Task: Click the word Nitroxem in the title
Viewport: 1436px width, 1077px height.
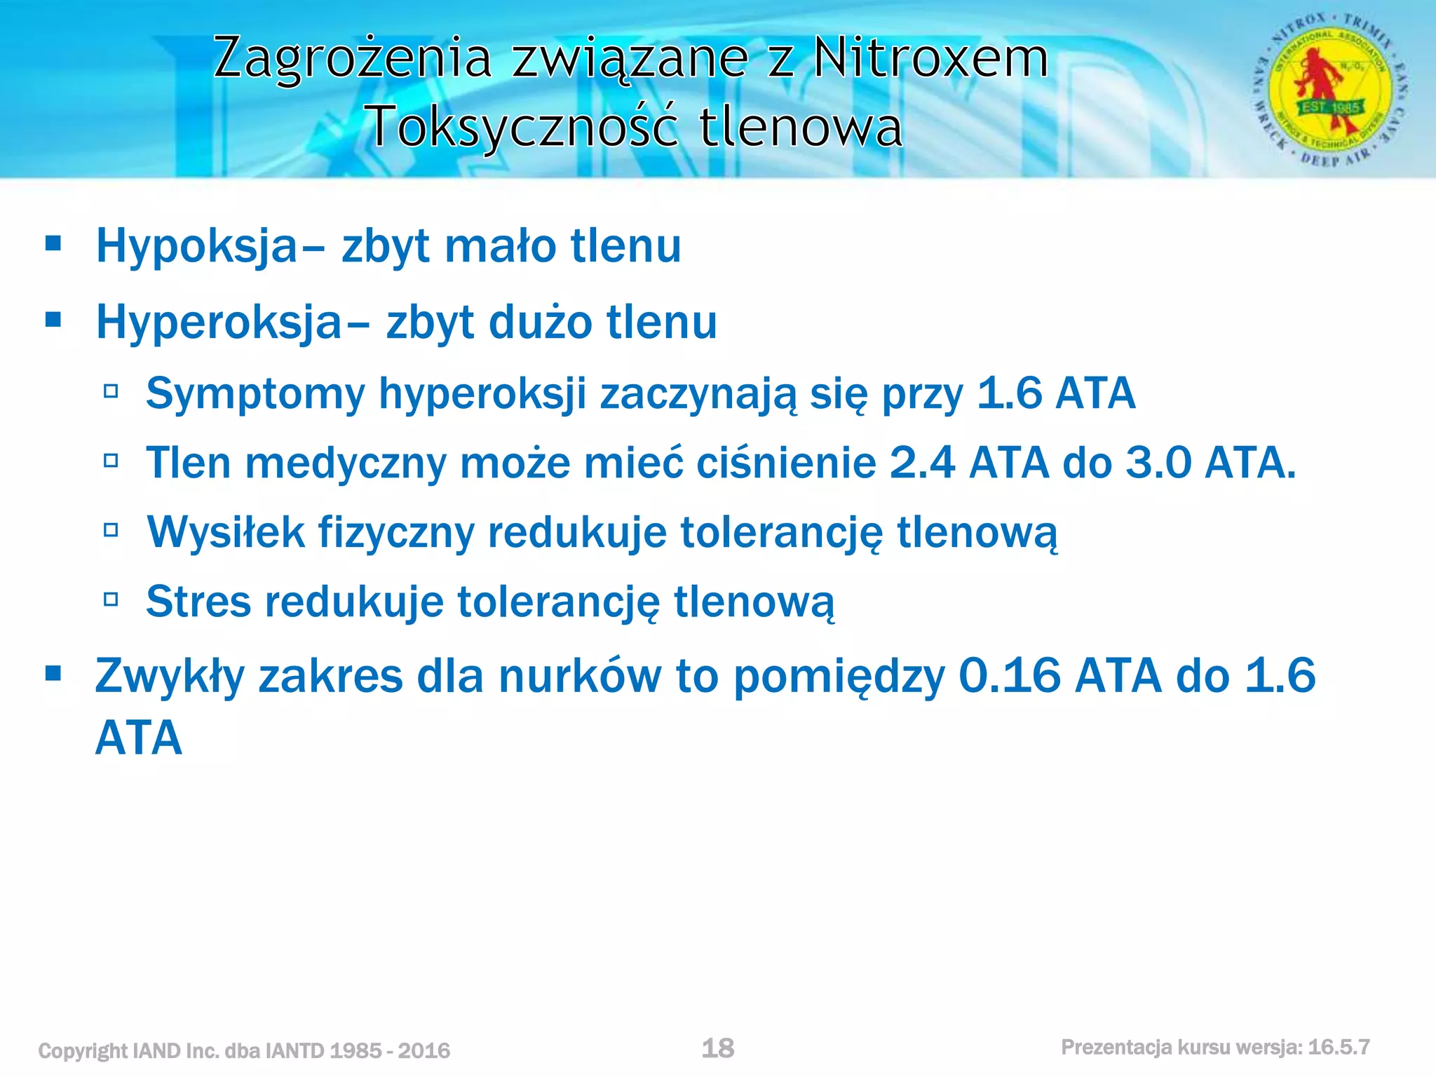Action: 930,57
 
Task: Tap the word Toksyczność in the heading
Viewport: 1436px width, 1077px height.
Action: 522,127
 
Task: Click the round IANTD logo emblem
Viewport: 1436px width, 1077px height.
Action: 1330,91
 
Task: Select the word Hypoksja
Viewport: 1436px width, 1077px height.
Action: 197,247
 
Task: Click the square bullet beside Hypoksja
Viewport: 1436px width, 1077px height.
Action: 53,244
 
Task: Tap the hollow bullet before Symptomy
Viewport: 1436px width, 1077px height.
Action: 111,391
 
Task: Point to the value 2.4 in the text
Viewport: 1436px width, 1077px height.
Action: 922,463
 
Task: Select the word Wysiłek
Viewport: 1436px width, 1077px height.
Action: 226,532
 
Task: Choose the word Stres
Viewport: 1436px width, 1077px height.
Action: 198,602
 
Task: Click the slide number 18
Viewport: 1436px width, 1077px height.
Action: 718,1048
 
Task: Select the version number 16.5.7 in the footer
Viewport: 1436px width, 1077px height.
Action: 1339,1048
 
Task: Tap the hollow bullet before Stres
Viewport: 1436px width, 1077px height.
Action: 111,600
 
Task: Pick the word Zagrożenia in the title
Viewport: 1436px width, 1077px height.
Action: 353,57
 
